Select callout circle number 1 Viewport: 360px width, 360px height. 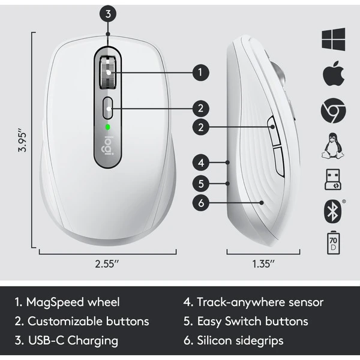click(x=200, y=73)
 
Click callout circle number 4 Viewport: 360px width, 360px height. click(x=202, y=162)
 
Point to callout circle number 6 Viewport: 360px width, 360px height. click(x=202, y=203)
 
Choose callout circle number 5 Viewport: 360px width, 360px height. click(x=202, y=182)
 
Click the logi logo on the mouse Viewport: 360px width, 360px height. click(x=108, y=145)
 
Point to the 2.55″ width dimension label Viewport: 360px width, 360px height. click(x=109, y=263)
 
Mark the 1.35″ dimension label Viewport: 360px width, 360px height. click(x=263, y=263)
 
